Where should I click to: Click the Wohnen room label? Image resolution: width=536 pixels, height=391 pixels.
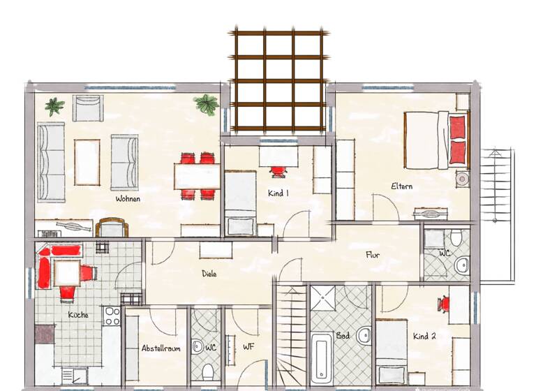pos(128,199)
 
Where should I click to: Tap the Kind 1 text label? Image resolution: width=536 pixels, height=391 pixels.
pos(278,193)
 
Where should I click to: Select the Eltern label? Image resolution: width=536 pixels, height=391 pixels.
pos(401,186)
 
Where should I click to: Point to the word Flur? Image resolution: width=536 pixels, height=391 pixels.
pos(373,255)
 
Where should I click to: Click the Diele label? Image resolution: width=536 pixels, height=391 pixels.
pos(209,274)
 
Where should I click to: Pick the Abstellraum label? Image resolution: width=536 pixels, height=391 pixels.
pos(161,348)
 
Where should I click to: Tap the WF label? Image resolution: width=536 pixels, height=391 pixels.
pos(248,346)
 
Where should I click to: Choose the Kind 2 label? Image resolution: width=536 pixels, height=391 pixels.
pos(424,336)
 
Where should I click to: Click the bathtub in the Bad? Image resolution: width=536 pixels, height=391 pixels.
pos(322,356)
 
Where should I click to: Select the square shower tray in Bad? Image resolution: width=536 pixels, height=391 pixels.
pos(324,299)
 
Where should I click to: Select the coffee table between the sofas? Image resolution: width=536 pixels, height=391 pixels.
pos(87,162)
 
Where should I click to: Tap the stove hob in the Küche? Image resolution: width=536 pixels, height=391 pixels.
pos(112,316)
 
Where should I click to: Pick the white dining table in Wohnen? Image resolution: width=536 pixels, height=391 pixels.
pos(198,175)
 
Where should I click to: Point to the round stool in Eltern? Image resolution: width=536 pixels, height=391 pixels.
pos(461,179)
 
